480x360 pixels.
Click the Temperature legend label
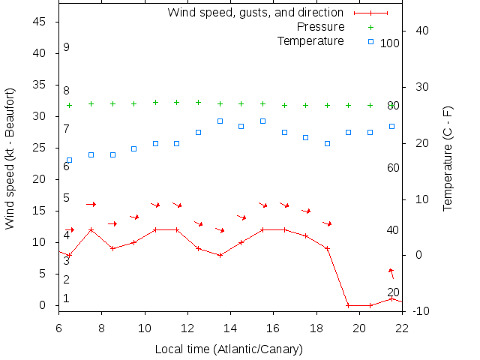310,40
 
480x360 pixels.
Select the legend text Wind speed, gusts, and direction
255,13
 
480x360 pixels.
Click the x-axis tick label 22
402,327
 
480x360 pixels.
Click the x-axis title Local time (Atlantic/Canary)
228,349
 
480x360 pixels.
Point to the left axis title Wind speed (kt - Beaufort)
10,158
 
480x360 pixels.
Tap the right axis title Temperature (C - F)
448,158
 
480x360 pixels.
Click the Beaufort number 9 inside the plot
66,47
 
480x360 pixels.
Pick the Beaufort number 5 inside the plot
66,198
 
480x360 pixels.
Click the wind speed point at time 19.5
348,305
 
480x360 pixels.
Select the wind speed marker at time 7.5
91,229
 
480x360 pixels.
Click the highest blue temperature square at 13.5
220,121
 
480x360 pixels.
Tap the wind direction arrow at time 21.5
391,273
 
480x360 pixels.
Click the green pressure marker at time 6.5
70,106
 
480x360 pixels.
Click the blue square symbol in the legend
370,41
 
